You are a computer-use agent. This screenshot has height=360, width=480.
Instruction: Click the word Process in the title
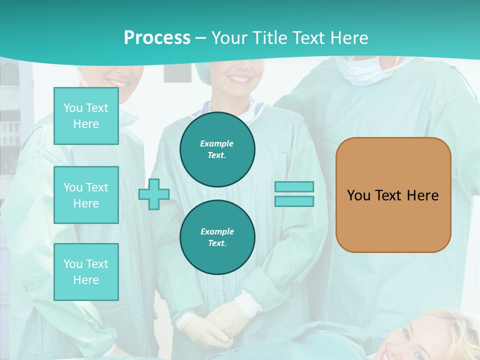(x=157, y=38)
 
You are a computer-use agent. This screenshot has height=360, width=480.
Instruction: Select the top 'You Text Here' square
(x=86, y=116)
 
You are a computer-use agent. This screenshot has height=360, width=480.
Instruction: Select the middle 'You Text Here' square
(x=86, y=195)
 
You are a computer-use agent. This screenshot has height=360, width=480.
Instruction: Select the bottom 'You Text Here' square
(x=86, y=272)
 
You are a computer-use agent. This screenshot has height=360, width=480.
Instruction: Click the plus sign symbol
(x=154, y=194)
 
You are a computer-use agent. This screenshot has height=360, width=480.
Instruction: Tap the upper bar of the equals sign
(x=294, y=186)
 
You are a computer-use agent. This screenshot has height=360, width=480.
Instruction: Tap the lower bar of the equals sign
(x=294, y=201)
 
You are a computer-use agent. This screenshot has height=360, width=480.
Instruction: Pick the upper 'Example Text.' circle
(x=217, y=149)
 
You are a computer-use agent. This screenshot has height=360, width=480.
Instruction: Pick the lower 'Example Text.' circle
(x=217, y=237)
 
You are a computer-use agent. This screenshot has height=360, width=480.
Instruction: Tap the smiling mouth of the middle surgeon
(x=239, y=79)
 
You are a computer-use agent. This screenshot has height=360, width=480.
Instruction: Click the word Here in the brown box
(x=422, y=195)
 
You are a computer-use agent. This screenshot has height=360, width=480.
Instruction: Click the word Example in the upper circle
(x=217, y=143)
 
